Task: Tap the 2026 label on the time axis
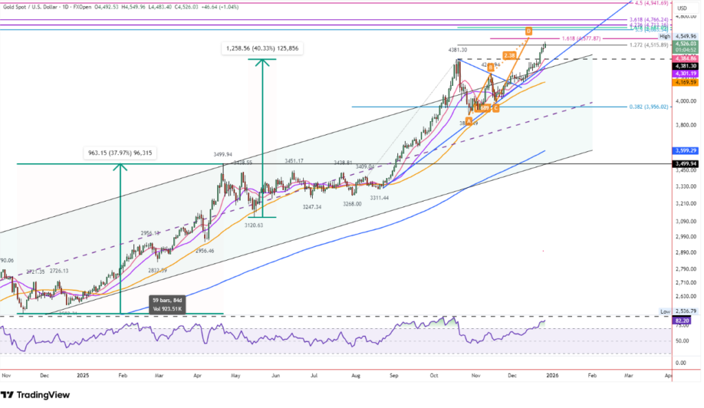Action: pos(552,376)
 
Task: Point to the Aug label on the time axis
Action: pos(355,376)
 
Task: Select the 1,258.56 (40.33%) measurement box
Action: pos(263,49)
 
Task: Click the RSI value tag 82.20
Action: pos(683,321)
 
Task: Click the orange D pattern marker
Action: pos(528,31)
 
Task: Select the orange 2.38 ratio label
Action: pos(509,54)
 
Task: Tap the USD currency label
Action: pos(682,9)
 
